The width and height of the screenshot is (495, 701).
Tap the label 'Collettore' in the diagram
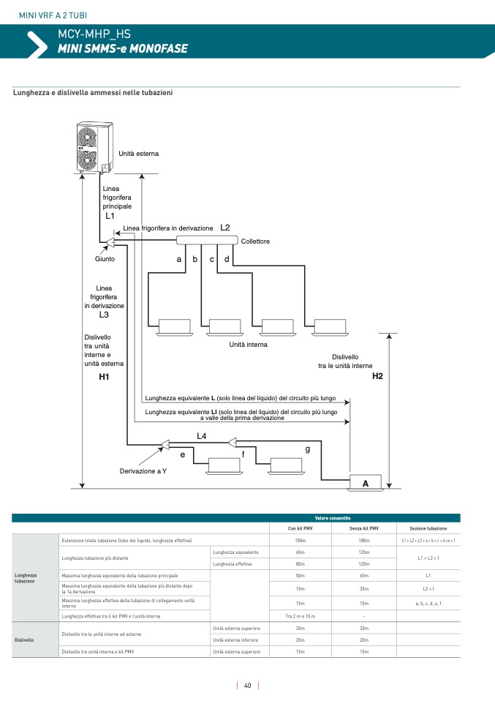click(x=255, y=241)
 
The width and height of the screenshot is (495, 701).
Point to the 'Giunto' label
click(x=105, y=258)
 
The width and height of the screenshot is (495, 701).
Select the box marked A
click(x=365, y=483)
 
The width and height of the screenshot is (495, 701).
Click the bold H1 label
click(x=104, y=377)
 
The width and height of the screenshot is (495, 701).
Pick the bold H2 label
click(x=377, y=377)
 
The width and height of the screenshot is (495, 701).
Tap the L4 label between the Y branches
click(x=202, y=436)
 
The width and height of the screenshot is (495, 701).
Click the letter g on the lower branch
click(x=308, y=449)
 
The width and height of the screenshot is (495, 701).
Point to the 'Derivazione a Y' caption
click(x=143, y=471)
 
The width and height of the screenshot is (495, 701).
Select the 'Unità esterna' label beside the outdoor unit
click(x=138, y=154)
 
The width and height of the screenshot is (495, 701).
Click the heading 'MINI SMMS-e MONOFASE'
click(x=122, y=48)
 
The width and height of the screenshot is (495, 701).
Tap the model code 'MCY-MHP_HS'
click(x=88, y=34)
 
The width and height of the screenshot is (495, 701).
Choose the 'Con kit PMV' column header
click(x=300, y=528)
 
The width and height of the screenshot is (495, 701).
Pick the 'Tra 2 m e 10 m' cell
click(x=300, y=616)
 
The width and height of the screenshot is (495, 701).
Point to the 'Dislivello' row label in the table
click(x=24, y=640)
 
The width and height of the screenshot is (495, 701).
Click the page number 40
click(x=248, y=686)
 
